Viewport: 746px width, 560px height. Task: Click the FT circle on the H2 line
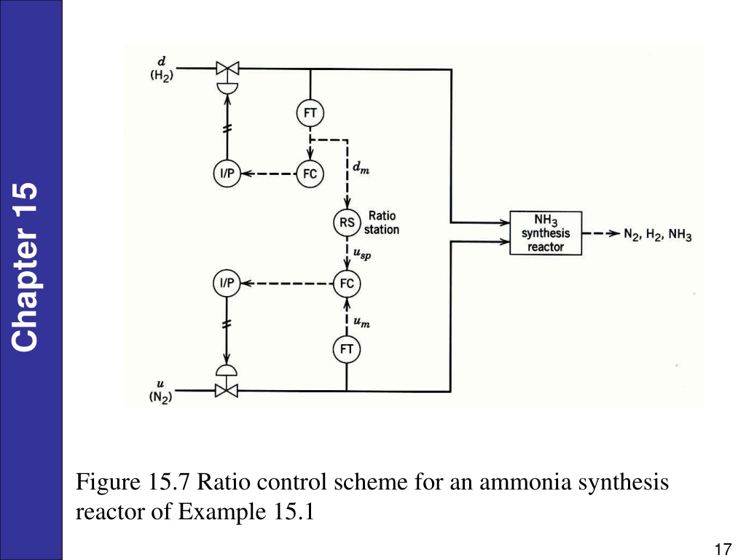(310, 113)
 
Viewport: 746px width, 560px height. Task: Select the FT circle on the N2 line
(346, 349)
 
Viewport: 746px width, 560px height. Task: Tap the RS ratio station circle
(347, 222)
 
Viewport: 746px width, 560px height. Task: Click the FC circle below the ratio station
(347, 284)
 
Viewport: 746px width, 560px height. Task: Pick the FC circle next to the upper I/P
(310, 174)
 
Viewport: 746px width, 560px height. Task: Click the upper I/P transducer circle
(227, 174)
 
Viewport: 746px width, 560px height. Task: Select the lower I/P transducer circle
(227, 283)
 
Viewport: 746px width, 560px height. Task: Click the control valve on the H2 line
(227, 75)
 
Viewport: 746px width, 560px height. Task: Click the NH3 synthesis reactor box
(546, 233)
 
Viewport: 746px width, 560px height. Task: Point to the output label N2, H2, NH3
(658, 235)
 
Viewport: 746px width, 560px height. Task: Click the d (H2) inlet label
(162, 69)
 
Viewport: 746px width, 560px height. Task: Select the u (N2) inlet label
(160, 392)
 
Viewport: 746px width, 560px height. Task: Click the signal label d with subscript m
(361, 168)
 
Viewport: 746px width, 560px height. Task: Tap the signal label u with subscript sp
(362, 253)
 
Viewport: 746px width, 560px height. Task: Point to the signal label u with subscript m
(361, 322)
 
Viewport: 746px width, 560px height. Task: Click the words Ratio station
(382, 223)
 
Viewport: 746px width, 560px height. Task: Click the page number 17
(723, 549)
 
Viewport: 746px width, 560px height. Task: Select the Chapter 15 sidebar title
(25, 268)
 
